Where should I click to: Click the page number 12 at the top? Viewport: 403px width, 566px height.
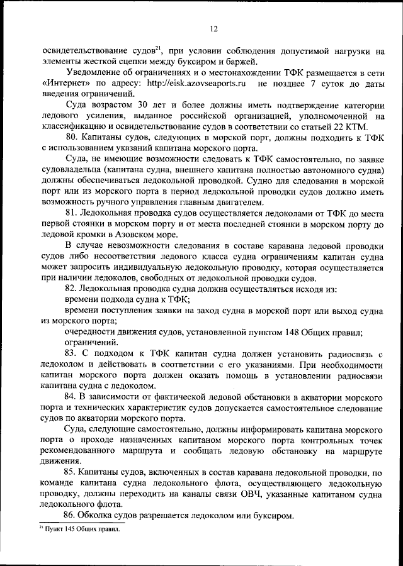[214, 28]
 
